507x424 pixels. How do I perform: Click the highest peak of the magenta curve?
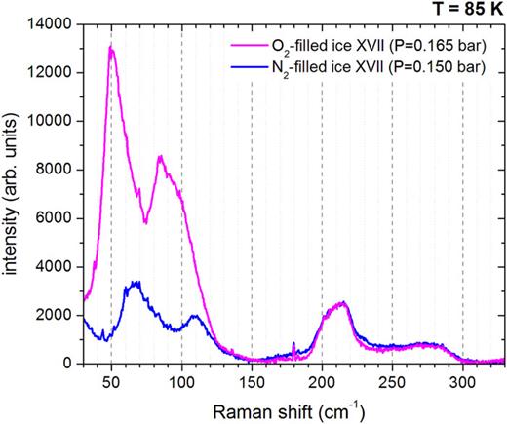[x=111, y=47]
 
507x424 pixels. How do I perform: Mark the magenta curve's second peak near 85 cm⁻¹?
[x=160, y=156]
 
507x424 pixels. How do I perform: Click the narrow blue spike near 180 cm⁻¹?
[x=293, y=343]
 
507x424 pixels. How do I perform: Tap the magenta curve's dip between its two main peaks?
[x=144, y=222]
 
